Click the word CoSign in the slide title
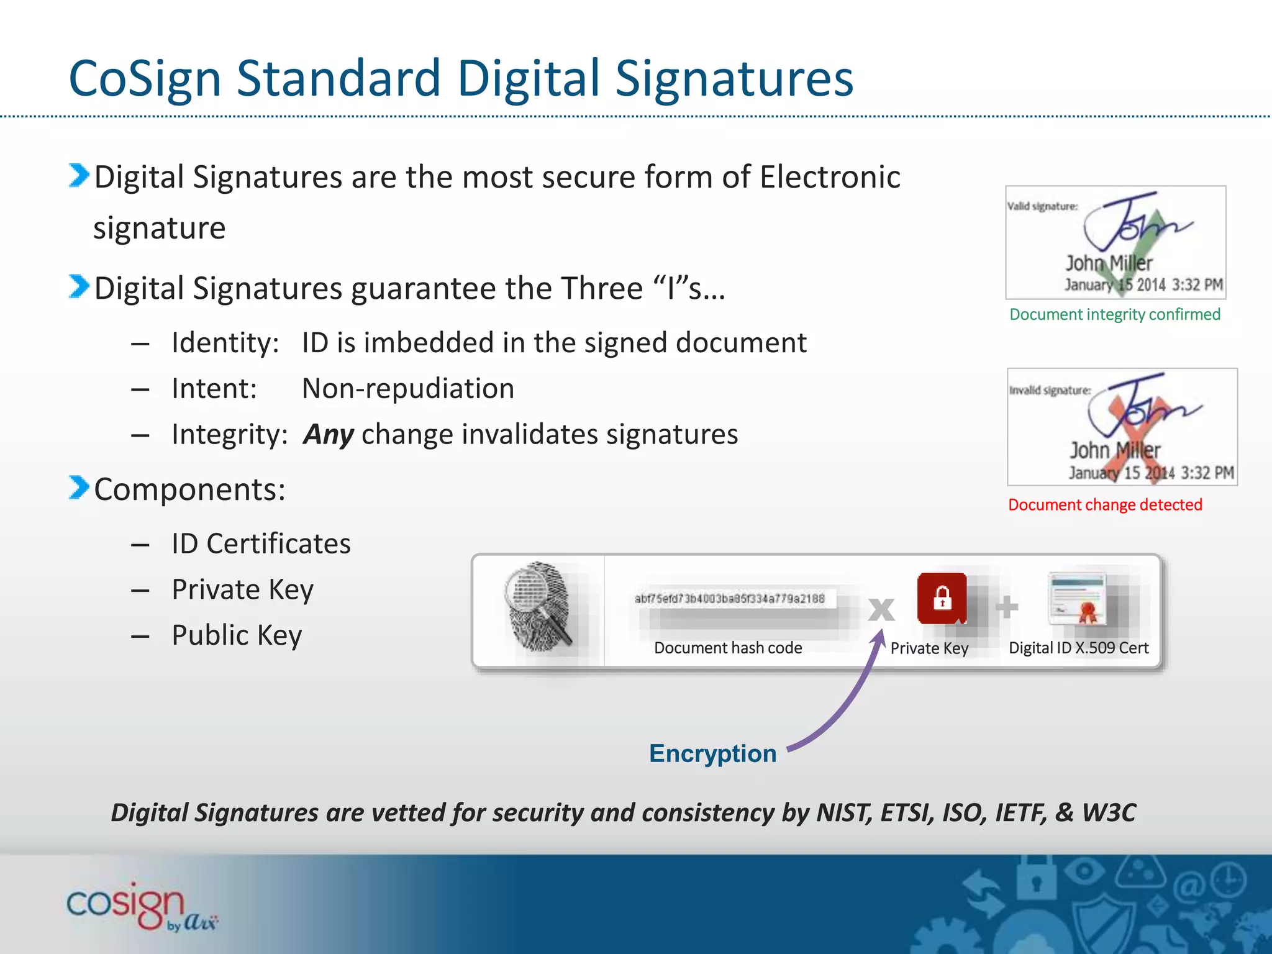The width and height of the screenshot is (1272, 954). pyautogui.click(x=145, y=79)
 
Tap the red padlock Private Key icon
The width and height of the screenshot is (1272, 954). pyautogui.click(x=942, y=598)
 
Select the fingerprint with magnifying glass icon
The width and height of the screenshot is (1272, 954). pyautogui.click(x=538, y=606)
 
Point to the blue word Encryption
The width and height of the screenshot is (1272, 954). pyautogui.click(x=712, y=753)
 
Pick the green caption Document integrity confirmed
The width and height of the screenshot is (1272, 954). pyautogui.click(x=1114, y=314)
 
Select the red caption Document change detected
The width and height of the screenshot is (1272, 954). pyautogui.click(x=1105, y=504)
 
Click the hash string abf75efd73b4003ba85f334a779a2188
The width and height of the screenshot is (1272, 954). pyautogui.click(x=729, y=599)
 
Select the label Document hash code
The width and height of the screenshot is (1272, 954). pyautogui.click(x=728, y=648)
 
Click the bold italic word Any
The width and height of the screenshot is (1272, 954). pyautogui.click(x=329, y=434)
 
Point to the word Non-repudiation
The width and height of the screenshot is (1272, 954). pyautogui.click(x=408, y=389)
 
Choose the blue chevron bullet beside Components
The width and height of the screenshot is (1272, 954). pyautogui.click(x=79, y=488)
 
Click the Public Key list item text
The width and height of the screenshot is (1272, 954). pyautogui.click(x=237, y=635)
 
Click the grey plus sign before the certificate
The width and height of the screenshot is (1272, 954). pyautogui.click(x=1007, y=607)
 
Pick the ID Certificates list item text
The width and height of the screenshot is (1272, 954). pyautogui.click(x=261, y=544)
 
